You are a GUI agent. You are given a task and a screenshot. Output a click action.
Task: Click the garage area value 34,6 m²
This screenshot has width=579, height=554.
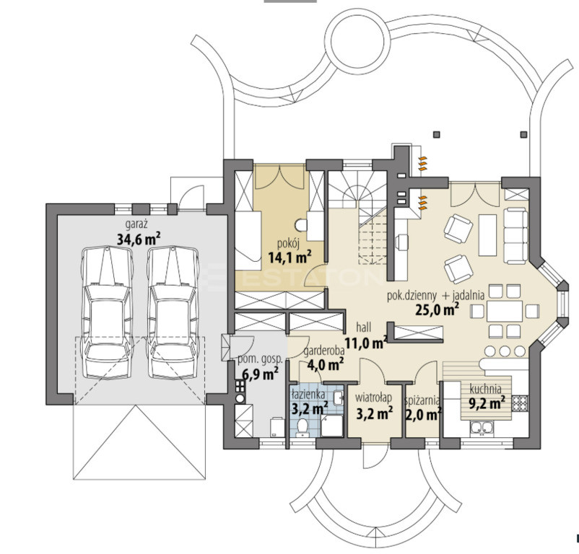click(139, 239)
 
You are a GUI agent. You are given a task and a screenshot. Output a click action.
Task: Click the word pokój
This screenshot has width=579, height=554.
click(288, 243)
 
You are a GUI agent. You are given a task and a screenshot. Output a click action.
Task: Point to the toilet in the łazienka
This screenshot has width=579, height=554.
click(302, 426)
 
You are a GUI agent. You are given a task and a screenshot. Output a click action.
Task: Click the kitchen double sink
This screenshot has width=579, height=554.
click(482, 428)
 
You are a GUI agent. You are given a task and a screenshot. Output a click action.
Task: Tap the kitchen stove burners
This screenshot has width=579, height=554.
click(520, 403)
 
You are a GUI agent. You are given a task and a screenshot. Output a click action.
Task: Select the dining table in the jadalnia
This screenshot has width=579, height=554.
click(505, 312)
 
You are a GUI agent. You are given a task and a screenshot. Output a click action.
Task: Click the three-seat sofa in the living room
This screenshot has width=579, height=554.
click(516, 236)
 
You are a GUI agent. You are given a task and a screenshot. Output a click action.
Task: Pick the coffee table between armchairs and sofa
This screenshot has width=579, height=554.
click(487, 235)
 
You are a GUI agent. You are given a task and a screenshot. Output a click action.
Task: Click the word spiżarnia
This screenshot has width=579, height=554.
click(422, 400)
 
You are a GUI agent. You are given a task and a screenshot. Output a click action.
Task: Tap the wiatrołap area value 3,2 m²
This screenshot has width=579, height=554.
click(374, 413)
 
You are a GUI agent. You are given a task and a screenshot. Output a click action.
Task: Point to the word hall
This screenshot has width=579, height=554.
click(364, 327)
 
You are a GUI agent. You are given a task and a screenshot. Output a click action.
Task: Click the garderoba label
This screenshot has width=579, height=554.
click(324, 351)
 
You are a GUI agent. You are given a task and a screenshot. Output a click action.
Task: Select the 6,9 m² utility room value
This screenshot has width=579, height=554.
click(260, 374)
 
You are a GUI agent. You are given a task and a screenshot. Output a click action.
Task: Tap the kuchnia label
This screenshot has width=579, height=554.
click(486, 389)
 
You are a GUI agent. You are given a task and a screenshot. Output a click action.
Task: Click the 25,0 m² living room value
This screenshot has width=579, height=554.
click(437, 309)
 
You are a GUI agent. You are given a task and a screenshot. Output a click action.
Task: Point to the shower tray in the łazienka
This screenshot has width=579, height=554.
click(331, 426)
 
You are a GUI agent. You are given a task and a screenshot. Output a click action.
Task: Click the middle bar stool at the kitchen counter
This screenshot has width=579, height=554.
click(505, 351)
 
